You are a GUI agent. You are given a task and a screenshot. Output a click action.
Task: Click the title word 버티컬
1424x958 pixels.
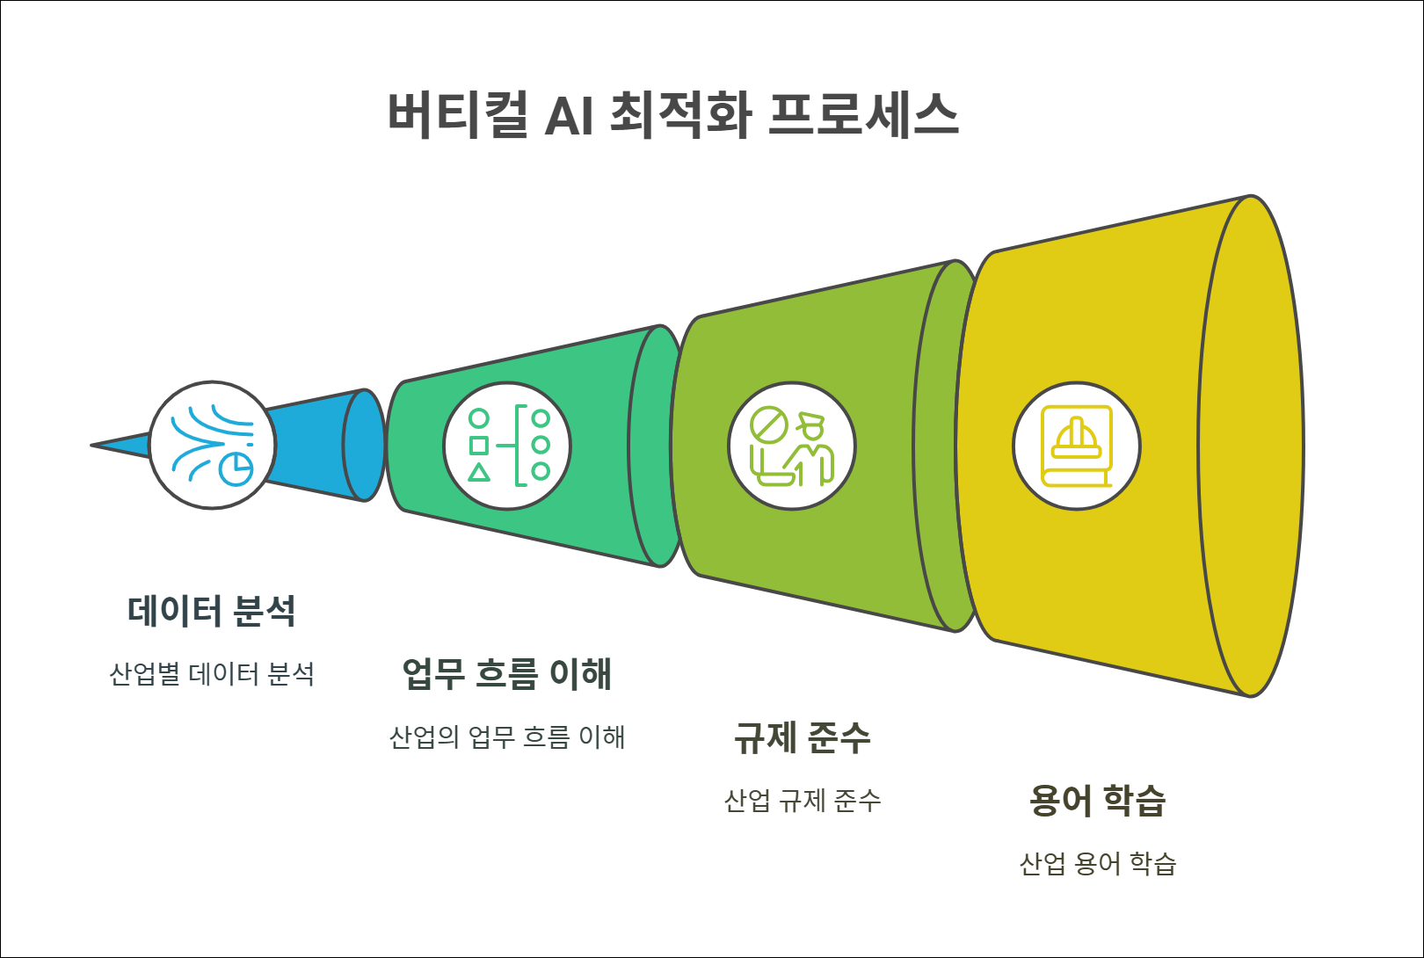(458, 114)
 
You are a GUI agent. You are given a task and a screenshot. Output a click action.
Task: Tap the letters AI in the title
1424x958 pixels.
(569, 115)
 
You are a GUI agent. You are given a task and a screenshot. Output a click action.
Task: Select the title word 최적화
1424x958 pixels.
(680, 114)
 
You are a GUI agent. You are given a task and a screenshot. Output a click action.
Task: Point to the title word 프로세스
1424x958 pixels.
(862, 114)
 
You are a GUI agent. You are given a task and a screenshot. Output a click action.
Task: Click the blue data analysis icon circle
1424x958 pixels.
(212, 446)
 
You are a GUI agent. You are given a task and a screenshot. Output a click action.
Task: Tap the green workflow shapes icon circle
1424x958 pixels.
(507, 446)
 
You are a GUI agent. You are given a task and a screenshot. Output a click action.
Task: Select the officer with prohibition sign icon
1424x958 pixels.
(791, 446)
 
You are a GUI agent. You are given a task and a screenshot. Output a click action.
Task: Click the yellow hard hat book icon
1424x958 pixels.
(1076, 446)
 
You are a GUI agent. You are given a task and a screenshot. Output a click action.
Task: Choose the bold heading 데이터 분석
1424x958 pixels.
(211, 611)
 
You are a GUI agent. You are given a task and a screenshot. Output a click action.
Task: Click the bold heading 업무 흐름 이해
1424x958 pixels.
(506, 674)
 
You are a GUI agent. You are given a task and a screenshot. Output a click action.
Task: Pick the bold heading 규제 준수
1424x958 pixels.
(802, 737)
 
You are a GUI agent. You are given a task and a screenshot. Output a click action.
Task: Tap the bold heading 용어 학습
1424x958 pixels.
(1097, 801)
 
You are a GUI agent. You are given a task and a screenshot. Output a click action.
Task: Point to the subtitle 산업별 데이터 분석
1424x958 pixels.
(211, 674)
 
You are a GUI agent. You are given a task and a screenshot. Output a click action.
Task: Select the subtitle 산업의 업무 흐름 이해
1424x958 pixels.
(506, 737)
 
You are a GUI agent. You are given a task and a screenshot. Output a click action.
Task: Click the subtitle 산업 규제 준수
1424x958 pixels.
(802, 801)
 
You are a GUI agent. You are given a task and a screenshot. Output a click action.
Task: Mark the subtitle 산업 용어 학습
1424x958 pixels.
(1097, 864)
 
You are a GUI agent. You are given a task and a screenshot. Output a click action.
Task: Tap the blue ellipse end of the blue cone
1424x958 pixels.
(363, 446)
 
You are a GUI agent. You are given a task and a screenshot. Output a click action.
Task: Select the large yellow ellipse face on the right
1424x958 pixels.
(1251, 446)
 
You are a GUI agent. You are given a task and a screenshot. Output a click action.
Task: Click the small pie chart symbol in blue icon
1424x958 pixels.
(236, 469)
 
